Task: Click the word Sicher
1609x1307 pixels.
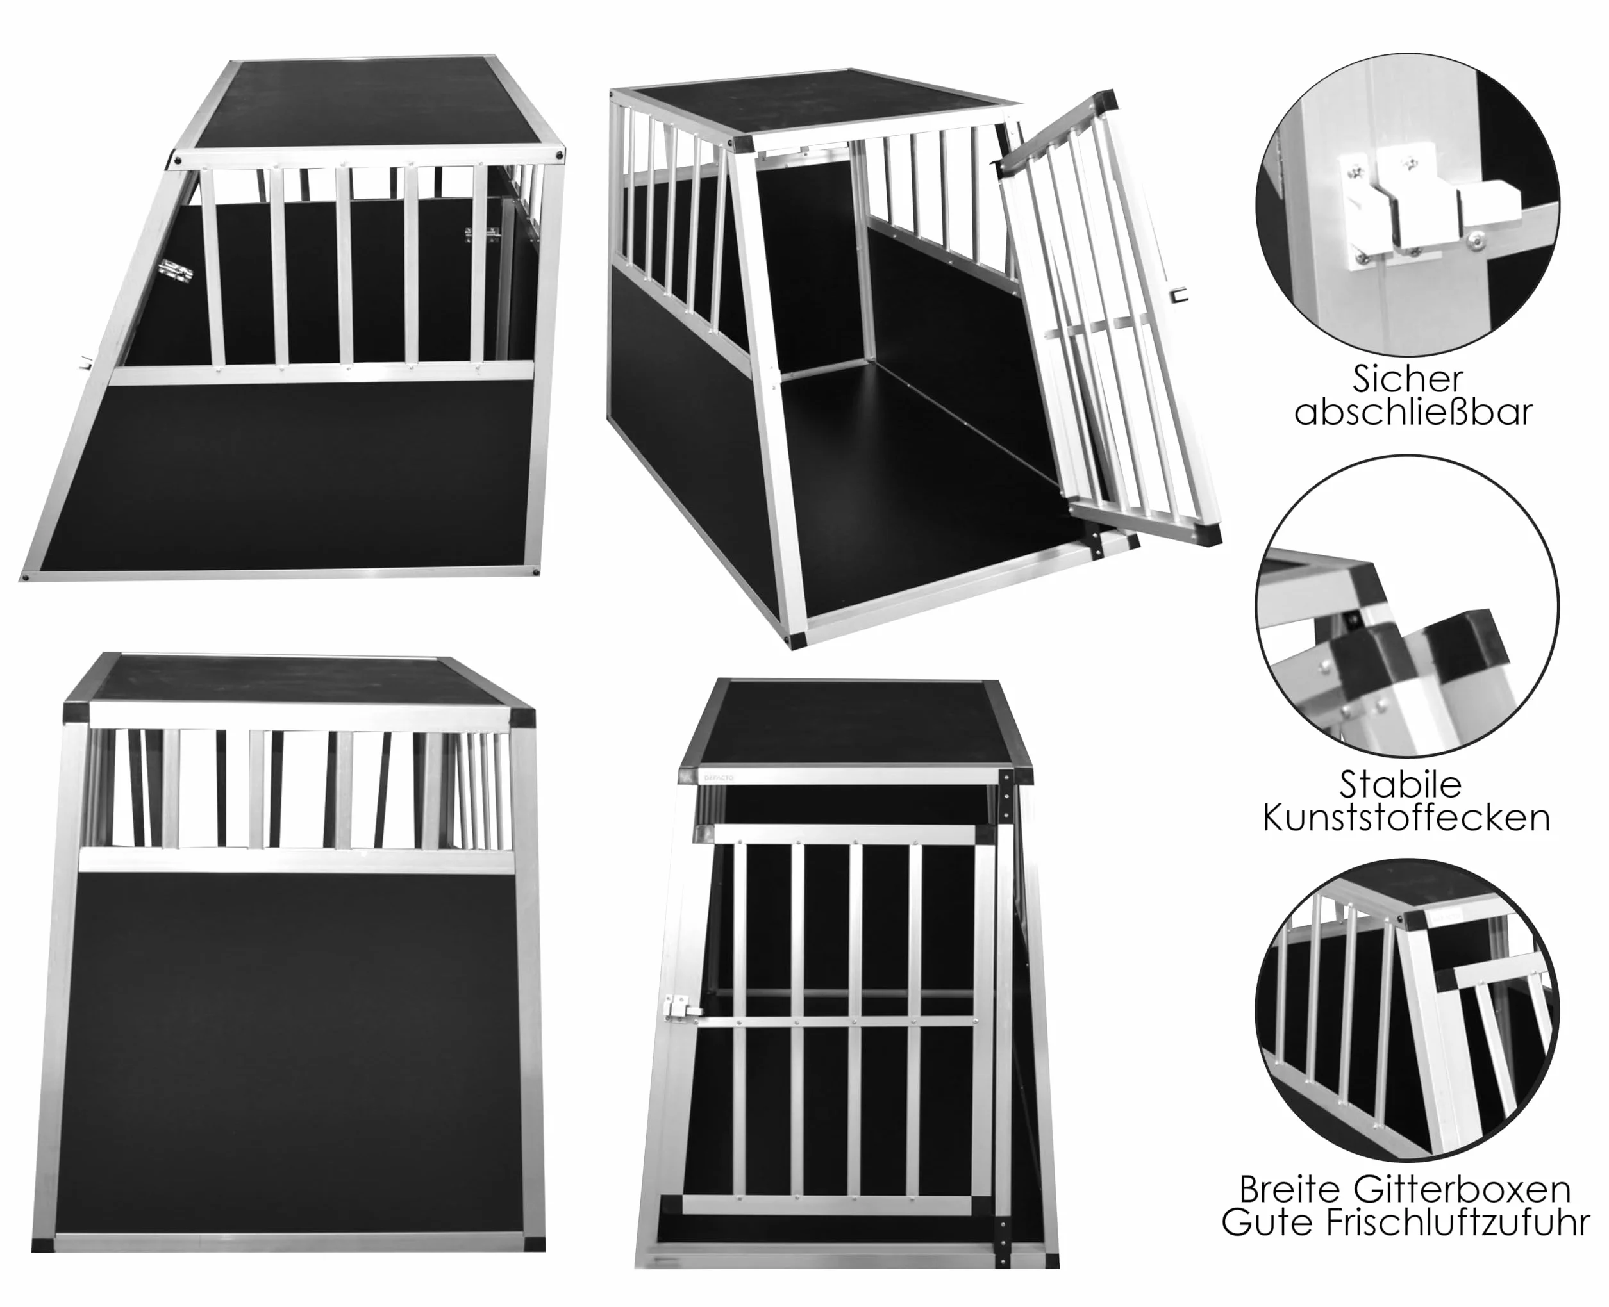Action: (1408, 379)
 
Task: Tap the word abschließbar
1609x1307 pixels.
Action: (1413, 413)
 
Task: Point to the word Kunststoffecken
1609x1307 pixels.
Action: (1406, 818)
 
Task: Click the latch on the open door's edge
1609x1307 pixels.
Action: (1178, 293)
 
